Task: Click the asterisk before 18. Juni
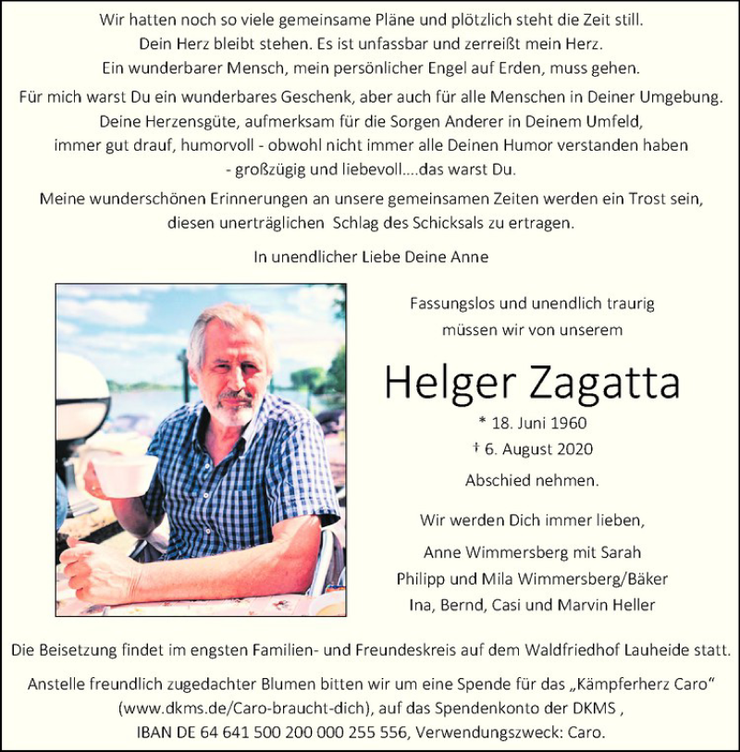tap(482, 423)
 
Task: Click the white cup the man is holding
tap(124, 475)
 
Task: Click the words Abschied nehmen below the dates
tap(531, 480)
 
